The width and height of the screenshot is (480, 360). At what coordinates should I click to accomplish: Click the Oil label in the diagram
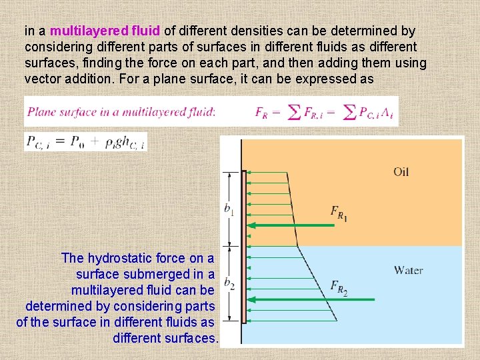401,171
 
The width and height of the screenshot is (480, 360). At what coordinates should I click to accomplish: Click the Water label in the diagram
408,270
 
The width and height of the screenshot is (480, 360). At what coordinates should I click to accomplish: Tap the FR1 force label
339,213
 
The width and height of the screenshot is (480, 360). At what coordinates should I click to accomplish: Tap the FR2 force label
339,287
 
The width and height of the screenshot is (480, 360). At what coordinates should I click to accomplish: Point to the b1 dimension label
229,210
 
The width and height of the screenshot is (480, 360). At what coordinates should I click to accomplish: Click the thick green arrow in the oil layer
293,225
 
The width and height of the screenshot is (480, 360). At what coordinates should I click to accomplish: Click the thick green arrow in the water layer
293,300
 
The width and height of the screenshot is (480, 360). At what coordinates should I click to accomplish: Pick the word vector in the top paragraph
43,79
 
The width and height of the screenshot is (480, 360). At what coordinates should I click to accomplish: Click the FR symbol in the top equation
263,112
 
